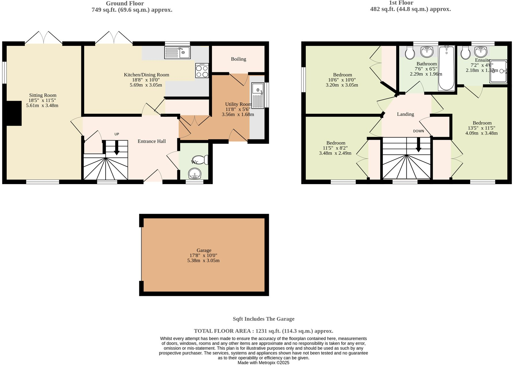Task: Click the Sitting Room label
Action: (43, 95)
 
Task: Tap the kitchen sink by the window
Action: (177, 53)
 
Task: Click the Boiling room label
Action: (238, 59)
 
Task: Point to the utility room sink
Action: (258, 96)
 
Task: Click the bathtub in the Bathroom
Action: (446, 68)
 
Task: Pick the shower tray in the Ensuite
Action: (498, 71)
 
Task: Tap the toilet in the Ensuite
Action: (465, 53)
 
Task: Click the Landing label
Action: (405, 114)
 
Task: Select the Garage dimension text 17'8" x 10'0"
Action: (203, 256)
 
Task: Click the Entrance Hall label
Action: (151, 141)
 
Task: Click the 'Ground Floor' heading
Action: (125, 3)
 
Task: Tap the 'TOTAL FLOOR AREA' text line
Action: (263, 331)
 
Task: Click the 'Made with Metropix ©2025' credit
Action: (263, 363)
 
